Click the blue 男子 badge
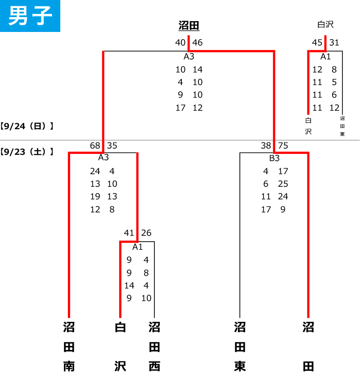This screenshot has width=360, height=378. (x=30, y=16)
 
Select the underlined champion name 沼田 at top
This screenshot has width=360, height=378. (x=189, y=25)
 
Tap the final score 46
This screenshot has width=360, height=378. (x=197, y=43)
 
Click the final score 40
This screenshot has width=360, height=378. (x=180, y=43)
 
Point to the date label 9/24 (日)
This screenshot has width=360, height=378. (x=27, y=126)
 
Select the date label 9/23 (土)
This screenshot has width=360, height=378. (x=27, y=152)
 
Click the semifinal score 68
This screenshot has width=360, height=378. (x=95, y=146)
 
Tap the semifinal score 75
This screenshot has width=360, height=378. (x=283, y=146)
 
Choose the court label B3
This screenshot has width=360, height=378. (x=274, y=158)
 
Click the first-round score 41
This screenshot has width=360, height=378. (x=129, y=233)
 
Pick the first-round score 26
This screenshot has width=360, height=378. (x=146, y=233)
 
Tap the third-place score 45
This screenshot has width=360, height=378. (x=317, y=43)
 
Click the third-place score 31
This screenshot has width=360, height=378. (x=334, y=43)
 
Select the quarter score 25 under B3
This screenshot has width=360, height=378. (x=283, y=184)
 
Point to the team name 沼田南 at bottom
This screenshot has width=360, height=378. (x=69, y=347)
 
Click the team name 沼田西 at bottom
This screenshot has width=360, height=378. (x=154, y=347)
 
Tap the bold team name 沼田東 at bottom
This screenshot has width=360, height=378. (x=240, y=347)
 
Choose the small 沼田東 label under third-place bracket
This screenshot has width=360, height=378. (x=342, y=126)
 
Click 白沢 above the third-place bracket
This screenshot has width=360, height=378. (x=325, y=25)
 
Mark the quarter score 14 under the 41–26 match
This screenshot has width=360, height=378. (x=129, y=286)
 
